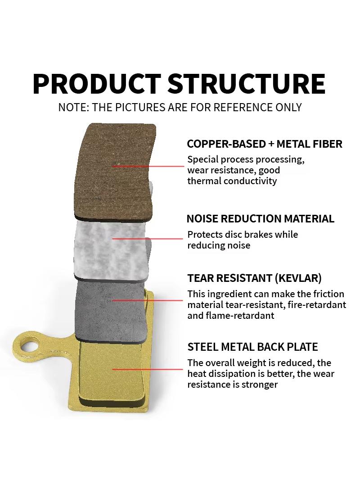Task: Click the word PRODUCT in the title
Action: click(96, 84)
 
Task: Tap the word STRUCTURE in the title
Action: click(247, 84)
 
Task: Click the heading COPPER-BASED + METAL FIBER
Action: click(265, 144)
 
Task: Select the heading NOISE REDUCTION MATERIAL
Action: click(260, 219)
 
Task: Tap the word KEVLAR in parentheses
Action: click(298, 278)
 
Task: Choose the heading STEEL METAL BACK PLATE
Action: click(252, 347)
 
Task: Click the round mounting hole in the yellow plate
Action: click(29, 347)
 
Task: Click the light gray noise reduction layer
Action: click(112, 249)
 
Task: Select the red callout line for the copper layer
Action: click(148, 166)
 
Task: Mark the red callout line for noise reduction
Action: click(148, 238)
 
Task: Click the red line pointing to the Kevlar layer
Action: click(148, 300)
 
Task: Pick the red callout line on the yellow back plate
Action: click(148, 369)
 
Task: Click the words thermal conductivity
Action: click(232, 181)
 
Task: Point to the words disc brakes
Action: click(248, 235)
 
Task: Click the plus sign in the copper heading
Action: click(271, 144)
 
